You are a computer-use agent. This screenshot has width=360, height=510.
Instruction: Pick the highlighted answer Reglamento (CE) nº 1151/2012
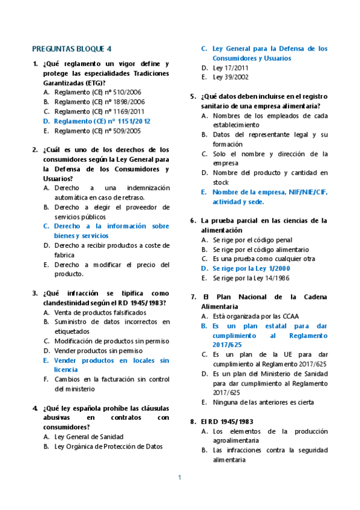[102, 121]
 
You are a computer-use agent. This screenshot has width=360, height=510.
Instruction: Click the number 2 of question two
[35, 150]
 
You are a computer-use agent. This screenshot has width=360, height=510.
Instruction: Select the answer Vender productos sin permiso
[98, 351]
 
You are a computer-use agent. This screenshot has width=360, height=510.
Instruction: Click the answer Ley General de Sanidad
[88, 437]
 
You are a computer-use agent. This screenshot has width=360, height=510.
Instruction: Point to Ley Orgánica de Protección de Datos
[108, 446]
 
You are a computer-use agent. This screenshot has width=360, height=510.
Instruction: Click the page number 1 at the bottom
[180, 478]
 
